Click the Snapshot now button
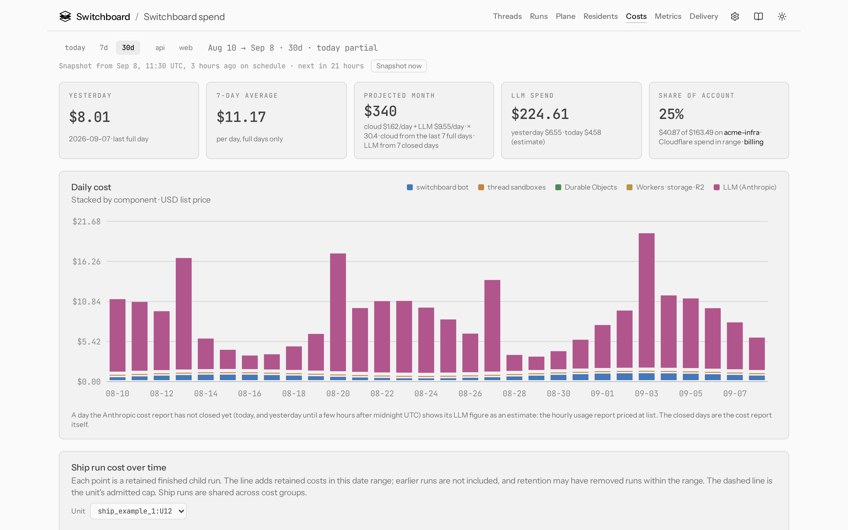(x=399, y=66)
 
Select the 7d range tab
(x=103, y=48)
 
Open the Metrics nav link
(x=668, y=16)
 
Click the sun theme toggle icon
(x=782, y=16)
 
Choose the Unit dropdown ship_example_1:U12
(x=138, y=511)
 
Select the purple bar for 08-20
(x=338, y=312)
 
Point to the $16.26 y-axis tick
(x=86, y=261)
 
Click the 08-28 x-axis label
(x=514, y=394)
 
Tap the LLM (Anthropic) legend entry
(x=745, y=187)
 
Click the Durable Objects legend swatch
(x=558, y=187)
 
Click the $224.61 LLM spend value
(x=540, y=114)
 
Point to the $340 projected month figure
(x=380, y=111)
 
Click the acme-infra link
(x=741, y=132)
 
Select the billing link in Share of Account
(x=753, y=142)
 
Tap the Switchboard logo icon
(x=65, y=16)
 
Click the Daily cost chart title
(x=91, y=187)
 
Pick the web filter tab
(x=186, y=48)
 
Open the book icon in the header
(x=758, y=16)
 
